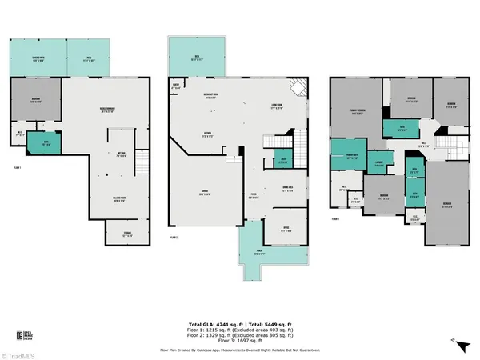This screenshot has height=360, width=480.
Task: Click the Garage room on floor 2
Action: pyautogui.click(x=204, y=192)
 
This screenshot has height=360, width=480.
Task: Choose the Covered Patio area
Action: pyautogui.click(x=37, y=58)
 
